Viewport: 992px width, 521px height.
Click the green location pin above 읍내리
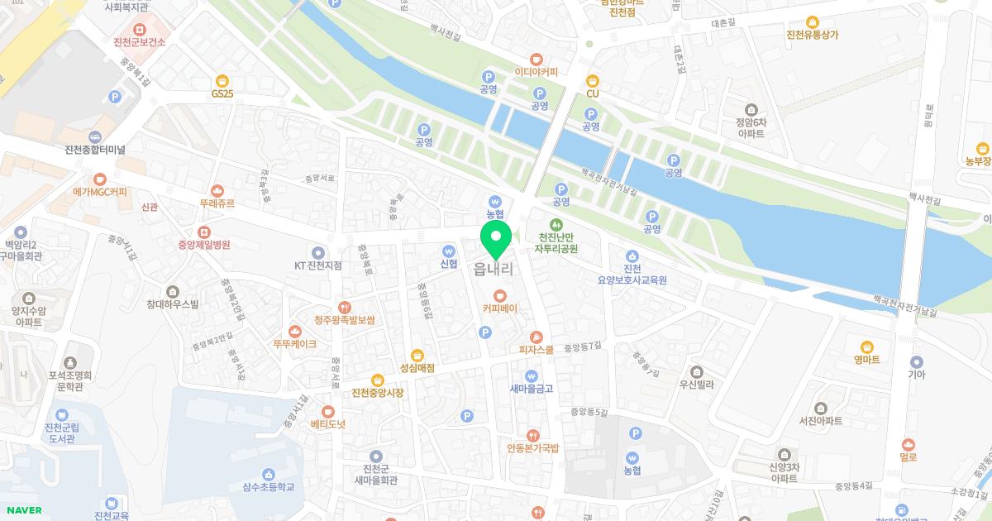[x=496, y=238]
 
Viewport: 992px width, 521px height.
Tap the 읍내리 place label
[x=494, y=269]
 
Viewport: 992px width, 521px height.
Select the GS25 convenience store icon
[x=222, y=80]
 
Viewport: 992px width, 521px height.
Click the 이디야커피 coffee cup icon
[x=537, y=59]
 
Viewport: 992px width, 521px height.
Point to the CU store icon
[x=592, y=80]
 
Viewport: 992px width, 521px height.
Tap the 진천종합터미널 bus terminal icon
[x=95, y=136]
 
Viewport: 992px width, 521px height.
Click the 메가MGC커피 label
[x=100, y=192]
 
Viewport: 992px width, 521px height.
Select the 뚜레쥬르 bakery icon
[x=217, y=189]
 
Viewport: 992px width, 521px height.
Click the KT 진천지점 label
[x=318, y=265]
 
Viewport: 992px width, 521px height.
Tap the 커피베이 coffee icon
[x=499, y=295]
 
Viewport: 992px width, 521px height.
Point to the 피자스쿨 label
[x=537, y=350]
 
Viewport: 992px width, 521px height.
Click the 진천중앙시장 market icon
[x=378, y=380]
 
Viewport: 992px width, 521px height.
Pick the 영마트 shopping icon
[x=867, y=347]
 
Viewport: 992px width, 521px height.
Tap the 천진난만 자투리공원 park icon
[x=556, y=224]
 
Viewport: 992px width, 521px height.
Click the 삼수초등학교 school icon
[x=269, y=474]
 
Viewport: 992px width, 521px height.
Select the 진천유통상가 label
[x=813, y=35]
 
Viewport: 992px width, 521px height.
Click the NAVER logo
[x=24, y=510]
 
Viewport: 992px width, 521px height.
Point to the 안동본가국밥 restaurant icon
[x=533, y=435]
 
